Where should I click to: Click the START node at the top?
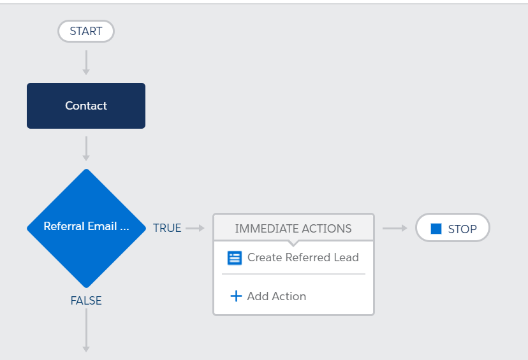(x=85, y=31)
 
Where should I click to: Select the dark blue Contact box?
(x=86, y=106)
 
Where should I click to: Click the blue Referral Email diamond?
(x=86, y=227)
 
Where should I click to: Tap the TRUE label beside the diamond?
(x=167, y=228)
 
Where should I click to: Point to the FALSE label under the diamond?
(x=86, y=301)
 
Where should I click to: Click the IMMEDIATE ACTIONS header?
(x=293, y=228)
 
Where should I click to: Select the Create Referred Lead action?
(x=303, y=257)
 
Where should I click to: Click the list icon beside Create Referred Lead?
(x=235, y=258)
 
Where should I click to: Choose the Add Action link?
(x=276, y=296)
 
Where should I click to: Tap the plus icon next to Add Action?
(x=236, y=296)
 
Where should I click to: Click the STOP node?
(x=453, y=228)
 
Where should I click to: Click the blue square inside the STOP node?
(x=436, y=229)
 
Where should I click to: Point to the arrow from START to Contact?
(x=86, y=62)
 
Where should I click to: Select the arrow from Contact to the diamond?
(x=86, y=148)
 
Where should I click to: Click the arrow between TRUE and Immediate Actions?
(x=194, y=228)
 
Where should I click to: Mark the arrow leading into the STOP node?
(x=395, y=228)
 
